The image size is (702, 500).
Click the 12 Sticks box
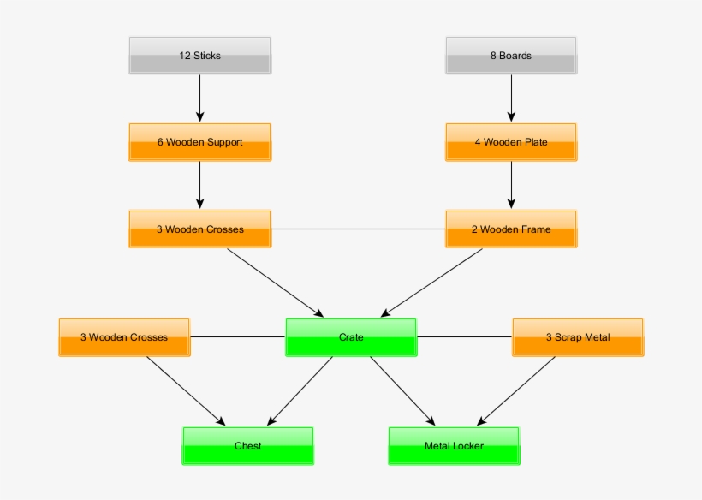pos(199,56)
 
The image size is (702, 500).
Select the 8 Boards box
pos(511,56)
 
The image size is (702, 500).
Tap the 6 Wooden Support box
pos(199,142)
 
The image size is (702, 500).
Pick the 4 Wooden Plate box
pos(511,142)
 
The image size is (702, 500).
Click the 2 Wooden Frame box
pos(511,229)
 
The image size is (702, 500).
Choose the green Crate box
pos(351,337)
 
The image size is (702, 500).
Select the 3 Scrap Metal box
pos(578,337)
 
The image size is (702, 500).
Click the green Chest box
pos(248,446)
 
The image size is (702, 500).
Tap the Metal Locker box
pos(454,446)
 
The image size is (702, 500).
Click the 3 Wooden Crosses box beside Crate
pos(124,337)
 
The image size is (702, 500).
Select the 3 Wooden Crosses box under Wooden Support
pos(199,229)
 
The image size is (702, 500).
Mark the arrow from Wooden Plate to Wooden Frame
pos(512,184)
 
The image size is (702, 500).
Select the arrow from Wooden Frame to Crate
pos(431,283)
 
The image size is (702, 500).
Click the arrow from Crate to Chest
pos(300,390)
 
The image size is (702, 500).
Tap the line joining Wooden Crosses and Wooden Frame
pos(358,229)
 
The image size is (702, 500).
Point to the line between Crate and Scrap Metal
pos(464,336)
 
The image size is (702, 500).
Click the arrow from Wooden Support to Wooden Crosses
pos(199,184)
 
